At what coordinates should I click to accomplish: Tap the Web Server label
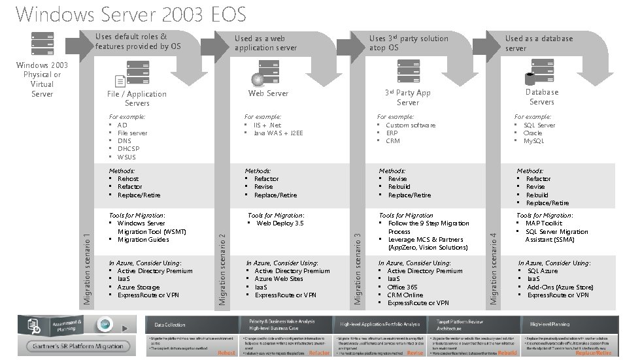point(268,93)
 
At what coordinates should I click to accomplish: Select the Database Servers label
point(541,97)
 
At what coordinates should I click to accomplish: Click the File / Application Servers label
point(137,98)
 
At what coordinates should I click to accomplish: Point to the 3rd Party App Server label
point(407,97)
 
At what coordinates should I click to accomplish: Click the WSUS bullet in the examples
point(127,157)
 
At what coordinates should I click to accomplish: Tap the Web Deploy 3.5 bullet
point(280,223)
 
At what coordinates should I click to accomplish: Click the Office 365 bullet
point(402,287)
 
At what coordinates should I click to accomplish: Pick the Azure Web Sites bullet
point(278,279)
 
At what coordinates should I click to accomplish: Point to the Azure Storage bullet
point(138,287)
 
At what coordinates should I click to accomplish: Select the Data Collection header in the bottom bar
point(169,324)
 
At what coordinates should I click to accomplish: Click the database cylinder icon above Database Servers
point(530,77)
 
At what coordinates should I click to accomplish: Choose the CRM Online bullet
point(405,295)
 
